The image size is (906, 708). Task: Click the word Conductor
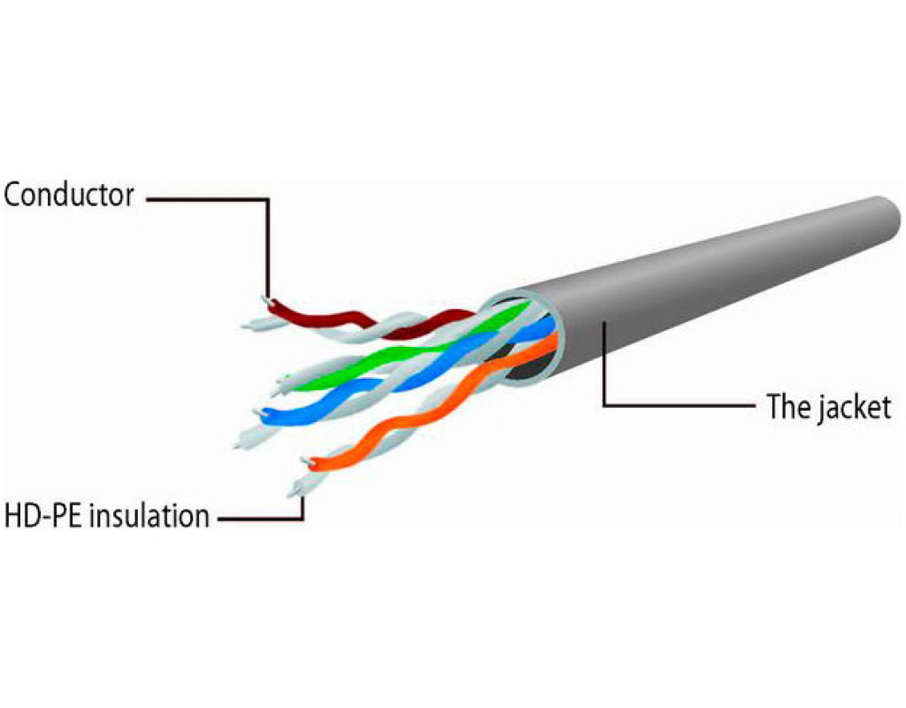click(x=68, y=195)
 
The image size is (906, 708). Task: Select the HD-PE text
click(x=39, y=515)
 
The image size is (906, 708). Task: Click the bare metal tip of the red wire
click(x=266, y=301)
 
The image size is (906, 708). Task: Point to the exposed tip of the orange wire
click(x=306, y=460)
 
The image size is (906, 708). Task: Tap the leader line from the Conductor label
click(x=266, y=239)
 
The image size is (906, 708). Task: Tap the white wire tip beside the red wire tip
click(x=251, y=324)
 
